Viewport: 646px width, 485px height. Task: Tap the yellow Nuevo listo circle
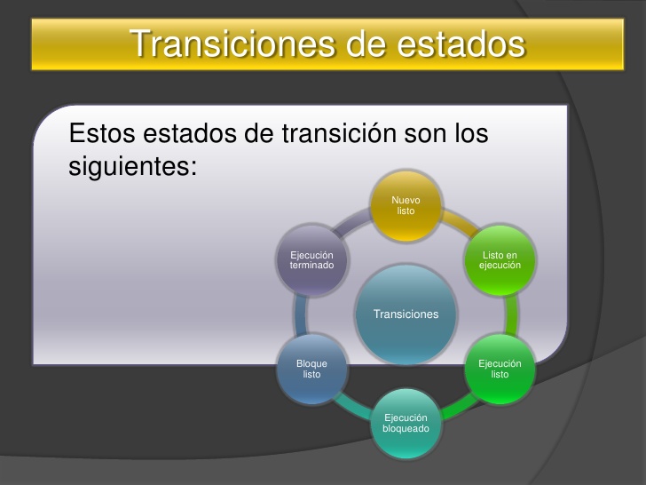coord(406,206)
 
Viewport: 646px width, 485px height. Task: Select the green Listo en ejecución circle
coord(500,260)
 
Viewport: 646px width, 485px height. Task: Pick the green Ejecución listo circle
coord(500,369)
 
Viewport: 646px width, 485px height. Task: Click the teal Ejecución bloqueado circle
coord(406,423)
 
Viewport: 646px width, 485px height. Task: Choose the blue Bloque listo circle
coord(311,369)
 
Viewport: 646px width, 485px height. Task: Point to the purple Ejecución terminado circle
coord(311,260)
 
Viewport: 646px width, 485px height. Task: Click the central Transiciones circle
coord(406,314)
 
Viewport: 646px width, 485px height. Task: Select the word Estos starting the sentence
coord(98,135)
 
